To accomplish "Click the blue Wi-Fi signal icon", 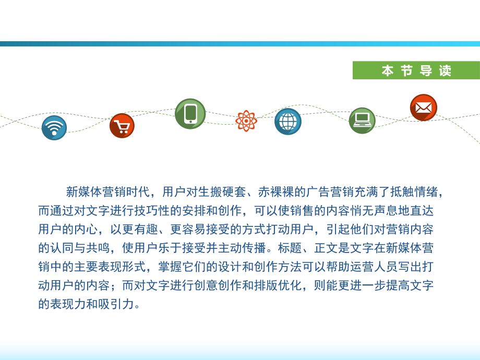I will point(54,128).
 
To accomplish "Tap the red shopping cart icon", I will point(122,126).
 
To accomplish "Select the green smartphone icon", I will point(190,114).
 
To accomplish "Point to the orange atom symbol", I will point(246,121).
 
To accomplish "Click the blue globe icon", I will point(288,122).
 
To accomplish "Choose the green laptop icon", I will point(362,121).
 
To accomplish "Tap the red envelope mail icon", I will point(423,107).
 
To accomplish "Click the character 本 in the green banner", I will point(387,71).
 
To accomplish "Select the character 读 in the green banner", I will point(445,71).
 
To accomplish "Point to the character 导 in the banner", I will point(426,71).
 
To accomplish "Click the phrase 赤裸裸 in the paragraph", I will point(277,192).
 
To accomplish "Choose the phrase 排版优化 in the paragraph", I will point(272,285).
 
